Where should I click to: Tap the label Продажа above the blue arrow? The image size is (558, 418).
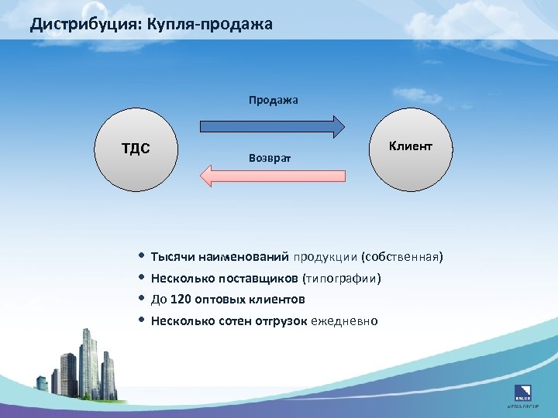pyautogui.click(x=273, y=100)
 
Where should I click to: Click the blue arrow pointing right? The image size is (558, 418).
pyautogui.click(x=272, y=126)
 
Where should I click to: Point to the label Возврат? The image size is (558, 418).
pyautogui.click(x=269, y=157)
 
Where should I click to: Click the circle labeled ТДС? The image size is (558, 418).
pyautogui.click(x=136, y=149)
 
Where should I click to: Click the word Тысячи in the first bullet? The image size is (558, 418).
pyautogui.click(x=172, y=256)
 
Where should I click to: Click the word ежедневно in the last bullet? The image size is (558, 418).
pyautogui.click(x=344, y=320)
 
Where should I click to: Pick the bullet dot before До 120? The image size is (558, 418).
pyautogui.click(x=141, y=298)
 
